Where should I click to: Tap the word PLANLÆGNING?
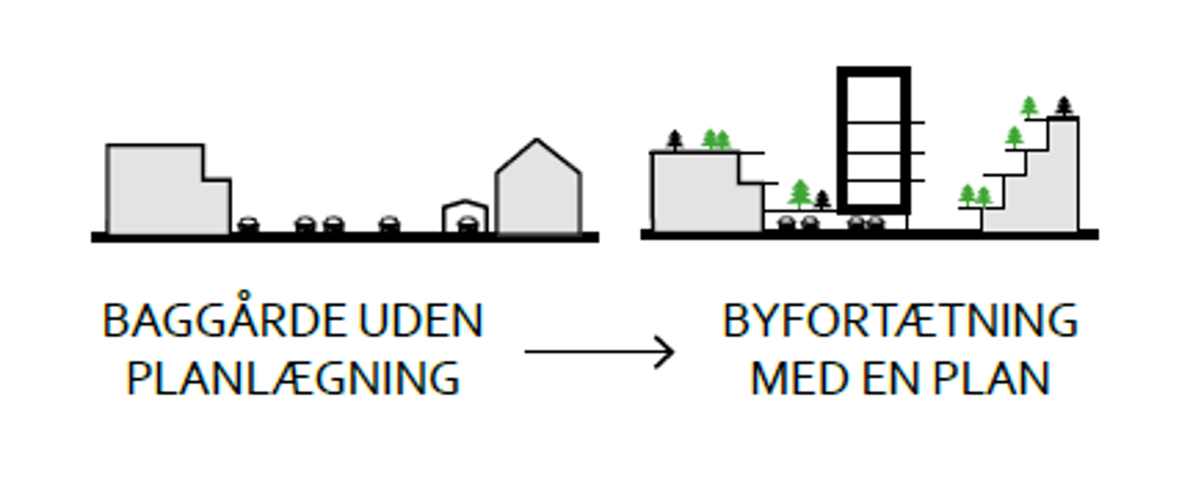[x=293, y=378]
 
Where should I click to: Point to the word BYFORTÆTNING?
[x=900, y=321]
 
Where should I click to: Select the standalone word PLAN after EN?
[x=992, y=378]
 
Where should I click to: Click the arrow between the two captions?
[x=599, y=351]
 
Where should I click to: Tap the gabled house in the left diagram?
[x=538, y=193]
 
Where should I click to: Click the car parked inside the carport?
[x=467, y=224]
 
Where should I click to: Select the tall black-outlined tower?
[x=873, y=140]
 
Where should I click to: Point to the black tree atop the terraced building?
[x=1064, y=107]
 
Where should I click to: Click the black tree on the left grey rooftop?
[x=674, y=140]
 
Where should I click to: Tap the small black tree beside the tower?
[x=822, y=200]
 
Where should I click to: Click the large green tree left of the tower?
[x=800, y=194]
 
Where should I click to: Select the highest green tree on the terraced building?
[x=1029, y=107]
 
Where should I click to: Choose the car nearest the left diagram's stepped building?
[x=247, y=224]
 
